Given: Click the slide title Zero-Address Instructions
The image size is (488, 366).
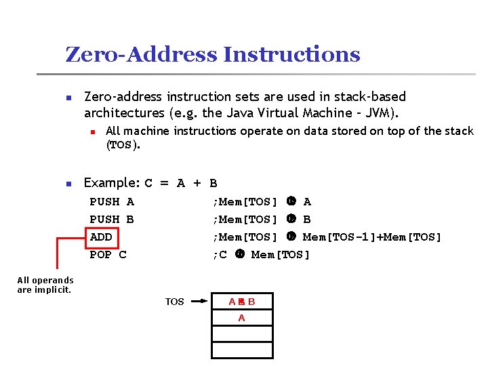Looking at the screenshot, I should [212, 54].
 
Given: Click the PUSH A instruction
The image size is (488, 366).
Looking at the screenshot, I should [112, 202].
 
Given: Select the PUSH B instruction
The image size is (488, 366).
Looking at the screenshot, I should [112, 220].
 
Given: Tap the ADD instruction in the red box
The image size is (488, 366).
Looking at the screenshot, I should [101, 237].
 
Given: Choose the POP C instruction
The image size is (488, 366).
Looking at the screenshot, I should [108, 255].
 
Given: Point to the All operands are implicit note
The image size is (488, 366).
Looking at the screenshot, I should [45, 285].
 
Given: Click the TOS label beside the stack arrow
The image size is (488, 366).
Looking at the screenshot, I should [175, 302].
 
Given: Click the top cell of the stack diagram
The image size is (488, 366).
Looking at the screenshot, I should [242, 302].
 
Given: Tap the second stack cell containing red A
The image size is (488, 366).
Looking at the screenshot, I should [242, 318].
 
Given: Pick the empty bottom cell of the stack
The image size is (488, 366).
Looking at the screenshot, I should [242, 350].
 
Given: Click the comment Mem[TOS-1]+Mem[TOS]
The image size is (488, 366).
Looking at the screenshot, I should [372, 237].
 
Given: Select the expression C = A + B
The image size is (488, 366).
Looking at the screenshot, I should [182, 183].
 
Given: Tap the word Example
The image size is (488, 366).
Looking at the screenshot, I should [110, 183].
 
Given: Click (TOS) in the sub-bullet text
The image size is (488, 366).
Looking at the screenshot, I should [122, 144].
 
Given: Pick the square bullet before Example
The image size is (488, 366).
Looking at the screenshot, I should [68, 184].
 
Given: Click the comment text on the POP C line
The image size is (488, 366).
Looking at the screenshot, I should [261, 255].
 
